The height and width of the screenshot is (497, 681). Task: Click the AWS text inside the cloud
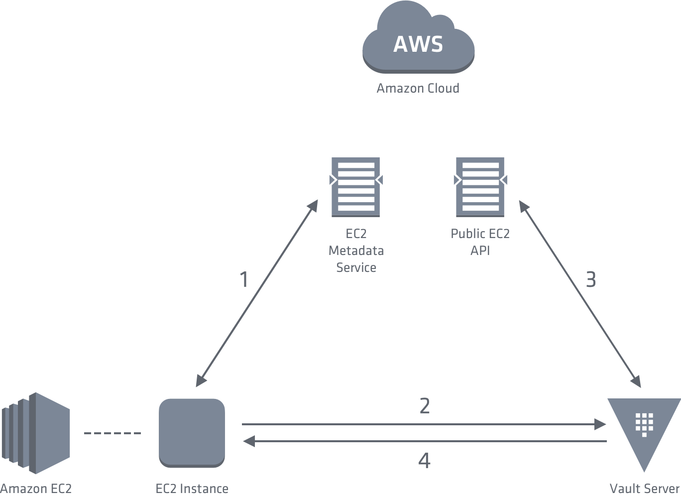tap(418, 44)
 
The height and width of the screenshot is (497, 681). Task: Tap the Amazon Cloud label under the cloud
tap(418, 89)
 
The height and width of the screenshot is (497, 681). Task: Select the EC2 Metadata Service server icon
tap(356, 187)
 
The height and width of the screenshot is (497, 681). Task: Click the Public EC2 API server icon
tap(480, 187)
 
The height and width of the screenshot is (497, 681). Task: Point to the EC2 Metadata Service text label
tap(356, 250)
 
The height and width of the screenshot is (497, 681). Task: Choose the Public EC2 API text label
tap(480, 242)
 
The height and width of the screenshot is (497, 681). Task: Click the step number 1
tap(244, 279)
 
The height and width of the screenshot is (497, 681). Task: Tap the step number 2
tap(425, 406)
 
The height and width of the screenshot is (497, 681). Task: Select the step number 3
tap(590, 280)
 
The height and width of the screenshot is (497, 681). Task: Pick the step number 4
tap(425, 461)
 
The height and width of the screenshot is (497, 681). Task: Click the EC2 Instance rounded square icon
tap(192, 432)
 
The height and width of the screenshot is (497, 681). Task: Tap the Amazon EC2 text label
tap(36, 489)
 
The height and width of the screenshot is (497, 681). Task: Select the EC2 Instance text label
tap(192, 489)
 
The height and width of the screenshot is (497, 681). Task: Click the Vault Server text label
tap(645, 489)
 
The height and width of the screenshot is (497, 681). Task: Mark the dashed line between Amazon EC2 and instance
tap(113, 433)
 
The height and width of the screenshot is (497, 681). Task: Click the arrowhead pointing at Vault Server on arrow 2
tap(601, 425)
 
